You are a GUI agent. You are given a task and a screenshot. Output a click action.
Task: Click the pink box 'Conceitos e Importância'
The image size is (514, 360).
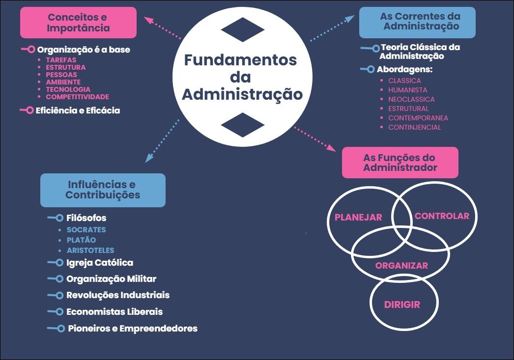pyautogui.click(x=79, y=23)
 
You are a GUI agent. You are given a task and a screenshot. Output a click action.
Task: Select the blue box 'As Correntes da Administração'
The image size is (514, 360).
pyautogui.click(x=417, y=22)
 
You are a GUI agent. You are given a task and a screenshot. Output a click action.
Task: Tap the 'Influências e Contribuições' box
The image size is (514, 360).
pyautogui.click(x=103, y=190)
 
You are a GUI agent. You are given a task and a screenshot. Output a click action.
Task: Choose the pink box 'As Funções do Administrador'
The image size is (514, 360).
pyautogui.click(x=400, y=163)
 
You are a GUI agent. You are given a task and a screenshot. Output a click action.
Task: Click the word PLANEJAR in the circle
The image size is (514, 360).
pyautogui.click(x=358, y=218)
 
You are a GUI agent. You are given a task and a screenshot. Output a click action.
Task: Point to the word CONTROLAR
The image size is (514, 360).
pyautogui.click(x=442, y=216)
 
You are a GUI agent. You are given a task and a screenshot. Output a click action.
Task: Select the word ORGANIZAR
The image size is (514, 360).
pyautogui.click(x=401, y=266)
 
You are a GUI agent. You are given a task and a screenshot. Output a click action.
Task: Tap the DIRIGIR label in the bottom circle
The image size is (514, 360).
pyautogui.click(x=402, y=305)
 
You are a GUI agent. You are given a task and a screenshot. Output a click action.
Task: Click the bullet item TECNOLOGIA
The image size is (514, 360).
pyautogui.click(x=68, y=89)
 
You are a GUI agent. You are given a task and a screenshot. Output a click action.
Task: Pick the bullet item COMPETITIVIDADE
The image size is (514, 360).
pyautogui.click(x=77, y=97)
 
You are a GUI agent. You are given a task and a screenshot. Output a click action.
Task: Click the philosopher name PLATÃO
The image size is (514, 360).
pyautogui.click(x=81, y=240)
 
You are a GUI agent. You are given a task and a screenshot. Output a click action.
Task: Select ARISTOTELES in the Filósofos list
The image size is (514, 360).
pyautogui.click(x=90, y=250)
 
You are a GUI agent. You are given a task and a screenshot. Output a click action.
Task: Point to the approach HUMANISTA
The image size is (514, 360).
pyautogui.click(x=407, y=90)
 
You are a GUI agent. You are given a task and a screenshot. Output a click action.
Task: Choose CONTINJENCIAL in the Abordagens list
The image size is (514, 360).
pyautogui.click(x=414, y=127)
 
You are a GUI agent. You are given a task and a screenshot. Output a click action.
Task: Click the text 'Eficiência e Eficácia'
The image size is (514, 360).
pyautogui.click(x=78, y=111)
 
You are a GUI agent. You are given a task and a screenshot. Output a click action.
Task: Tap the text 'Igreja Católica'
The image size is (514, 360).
pyautogui.click(x=100, y=263)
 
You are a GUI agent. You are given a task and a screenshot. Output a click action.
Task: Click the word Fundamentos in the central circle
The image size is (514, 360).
pyautogui.click(x=240, y=60)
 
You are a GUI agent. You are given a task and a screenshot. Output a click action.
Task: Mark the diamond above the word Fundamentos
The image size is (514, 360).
pyautogui.click(x=243, y=29)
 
